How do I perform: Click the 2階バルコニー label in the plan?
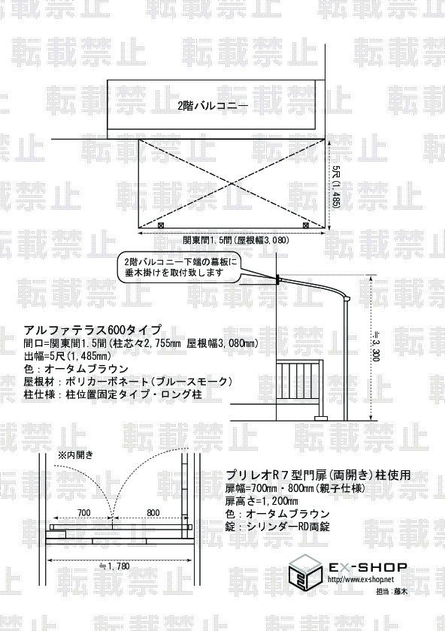point(213,106)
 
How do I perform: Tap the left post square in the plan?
point(161,225)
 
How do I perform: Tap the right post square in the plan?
point(306,225)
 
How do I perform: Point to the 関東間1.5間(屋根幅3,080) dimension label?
point(236,240)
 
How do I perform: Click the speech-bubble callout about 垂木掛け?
point(179,267)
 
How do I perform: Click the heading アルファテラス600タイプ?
point(92,330)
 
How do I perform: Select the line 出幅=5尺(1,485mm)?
point(68,356)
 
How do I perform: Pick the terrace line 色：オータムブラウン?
point(76,369)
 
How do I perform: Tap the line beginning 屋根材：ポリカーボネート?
point(129,381)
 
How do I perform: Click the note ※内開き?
point(76,455)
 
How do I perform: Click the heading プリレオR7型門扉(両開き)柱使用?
point(318,476)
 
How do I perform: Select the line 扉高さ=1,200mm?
point(262,501)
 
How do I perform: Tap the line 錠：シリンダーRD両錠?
point(278,526)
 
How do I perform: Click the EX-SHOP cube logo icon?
point(307,572)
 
